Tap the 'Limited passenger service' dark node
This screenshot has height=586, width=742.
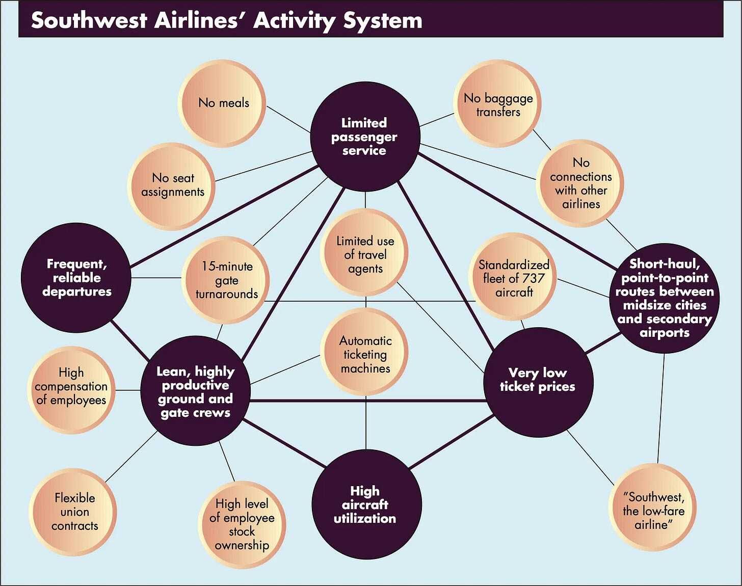tap(365, 136)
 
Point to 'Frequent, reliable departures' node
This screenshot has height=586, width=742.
tap(76, 278)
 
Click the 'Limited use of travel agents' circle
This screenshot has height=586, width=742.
tap(365, 255)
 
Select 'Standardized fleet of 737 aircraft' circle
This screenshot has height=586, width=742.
tap(513, 278)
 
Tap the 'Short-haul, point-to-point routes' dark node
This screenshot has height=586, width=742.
tap(664, 298)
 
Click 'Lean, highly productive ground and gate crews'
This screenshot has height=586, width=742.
tap(196, 391)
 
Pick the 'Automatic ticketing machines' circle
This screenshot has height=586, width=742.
tap(365, 354)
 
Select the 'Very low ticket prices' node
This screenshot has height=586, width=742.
tap(538, 380)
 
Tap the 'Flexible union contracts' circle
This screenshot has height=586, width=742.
tap(74, 512)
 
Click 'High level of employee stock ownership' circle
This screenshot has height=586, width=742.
tap(242, 524)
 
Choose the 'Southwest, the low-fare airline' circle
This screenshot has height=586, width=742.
tap(653, 510)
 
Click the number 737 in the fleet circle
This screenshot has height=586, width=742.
tap(533, 278)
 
